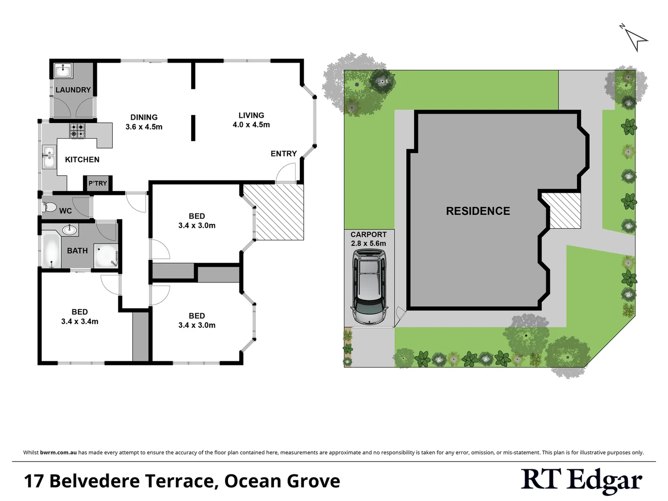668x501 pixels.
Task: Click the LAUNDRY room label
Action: point(73,90)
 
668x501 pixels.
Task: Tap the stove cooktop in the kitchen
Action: point(77,130)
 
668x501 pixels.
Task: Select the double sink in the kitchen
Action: point(48,157)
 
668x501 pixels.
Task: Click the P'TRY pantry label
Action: point(97,183)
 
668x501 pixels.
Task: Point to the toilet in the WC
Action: point(49,207)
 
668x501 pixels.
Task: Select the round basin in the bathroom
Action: point(70,229)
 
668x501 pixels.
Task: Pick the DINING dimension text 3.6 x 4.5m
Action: point(144,127)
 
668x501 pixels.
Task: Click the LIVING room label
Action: point(251,116)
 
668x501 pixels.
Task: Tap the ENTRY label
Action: point(284,154)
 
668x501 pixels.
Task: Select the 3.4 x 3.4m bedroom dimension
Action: point(80,321)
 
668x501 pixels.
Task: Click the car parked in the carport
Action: point(369,287)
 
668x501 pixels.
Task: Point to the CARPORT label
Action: point(369,235)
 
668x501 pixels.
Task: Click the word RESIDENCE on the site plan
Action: point(478,211)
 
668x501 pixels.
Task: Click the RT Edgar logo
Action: point(581,481)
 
